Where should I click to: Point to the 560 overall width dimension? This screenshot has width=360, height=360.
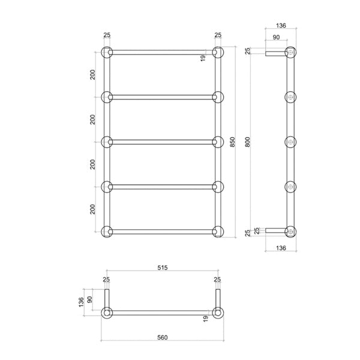click(161, 337)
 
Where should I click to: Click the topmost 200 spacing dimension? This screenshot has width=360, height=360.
click(92, 74)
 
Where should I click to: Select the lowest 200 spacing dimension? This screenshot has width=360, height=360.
click(92, 209)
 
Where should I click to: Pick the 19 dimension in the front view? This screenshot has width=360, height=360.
click(205, 58)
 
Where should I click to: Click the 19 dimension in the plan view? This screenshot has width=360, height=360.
click(205, 318)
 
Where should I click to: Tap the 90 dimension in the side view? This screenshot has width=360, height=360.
click(275, 38)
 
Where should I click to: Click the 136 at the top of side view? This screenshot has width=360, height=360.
click(280, 26)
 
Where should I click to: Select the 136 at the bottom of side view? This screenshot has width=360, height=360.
click(280, 248)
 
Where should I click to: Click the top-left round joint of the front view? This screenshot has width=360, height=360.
click(107, 52)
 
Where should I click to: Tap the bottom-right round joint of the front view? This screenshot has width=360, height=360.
click(218, 232)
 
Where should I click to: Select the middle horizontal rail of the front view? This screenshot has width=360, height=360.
click(163, 142)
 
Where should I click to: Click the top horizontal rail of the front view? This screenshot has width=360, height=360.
click(163, 52)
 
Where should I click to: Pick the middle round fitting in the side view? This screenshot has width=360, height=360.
click(291, 142)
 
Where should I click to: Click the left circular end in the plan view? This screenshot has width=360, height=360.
click(107, 313)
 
